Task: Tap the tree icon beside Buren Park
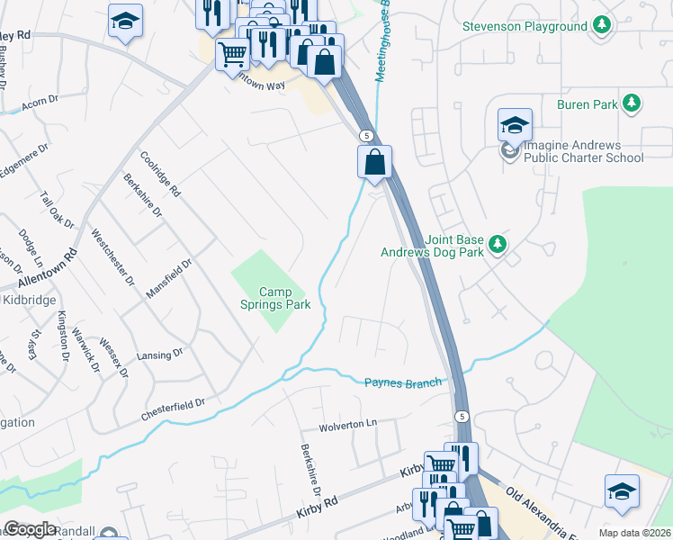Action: [633, 104]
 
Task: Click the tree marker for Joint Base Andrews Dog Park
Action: [496, 244]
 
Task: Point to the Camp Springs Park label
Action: [285, 298]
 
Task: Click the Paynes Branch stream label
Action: [403, 382]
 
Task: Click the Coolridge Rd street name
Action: [161, 174]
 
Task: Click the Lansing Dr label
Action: [160, 354]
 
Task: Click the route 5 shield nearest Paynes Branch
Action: [461, 416]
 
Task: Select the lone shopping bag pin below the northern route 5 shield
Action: [374, 163]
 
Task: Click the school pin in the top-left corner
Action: [125, 21]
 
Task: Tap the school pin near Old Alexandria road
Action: [622, 490]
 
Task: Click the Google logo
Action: [29, 529]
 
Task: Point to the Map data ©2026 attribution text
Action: [634, 533]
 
